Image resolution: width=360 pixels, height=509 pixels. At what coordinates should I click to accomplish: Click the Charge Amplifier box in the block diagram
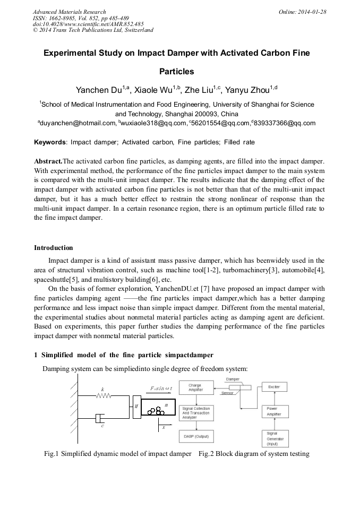[x=195, y=388]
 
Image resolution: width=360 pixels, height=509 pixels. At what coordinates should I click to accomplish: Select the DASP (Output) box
[x=195, y=437]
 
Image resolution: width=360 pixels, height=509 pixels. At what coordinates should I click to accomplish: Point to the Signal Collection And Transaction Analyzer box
[x=195, y=413]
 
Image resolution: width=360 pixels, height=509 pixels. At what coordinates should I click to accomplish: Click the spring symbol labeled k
[x=103, y=395]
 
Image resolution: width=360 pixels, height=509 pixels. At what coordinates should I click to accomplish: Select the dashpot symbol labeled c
[x=99, y=419]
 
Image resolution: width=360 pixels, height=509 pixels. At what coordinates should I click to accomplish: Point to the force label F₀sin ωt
[x=161, y=388]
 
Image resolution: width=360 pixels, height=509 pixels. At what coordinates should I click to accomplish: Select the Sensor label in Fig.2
[x=227, y=393]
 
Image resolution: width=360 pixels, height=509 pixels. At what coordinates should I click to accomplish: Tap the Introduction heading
[x=54, y=248]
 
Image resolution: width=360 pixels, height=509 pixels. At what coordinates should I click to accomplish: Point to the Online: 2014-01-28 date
[x=302, y=12]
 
